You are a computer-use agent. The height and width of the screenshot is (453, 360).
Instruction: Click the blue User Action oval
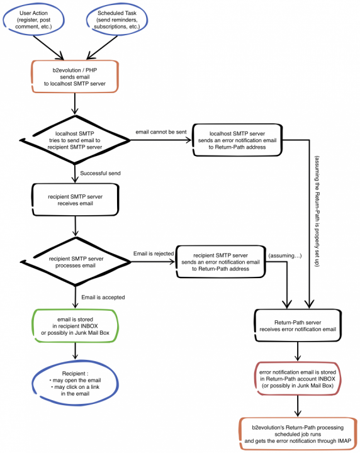pyautogui.click(x=33, y=20)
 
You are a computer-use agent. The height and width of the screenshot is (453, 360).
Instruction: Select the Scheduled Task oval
pyautogui.click(x=117, y=20)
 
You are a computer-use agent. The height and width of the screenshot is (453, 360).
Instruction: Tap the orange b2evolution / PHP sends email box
pyautogui.click(x=75, y=77)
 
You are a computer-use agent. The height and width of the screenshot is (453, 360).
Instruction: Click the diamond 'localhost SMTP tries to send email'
pyautogui.click(x=75, y=140)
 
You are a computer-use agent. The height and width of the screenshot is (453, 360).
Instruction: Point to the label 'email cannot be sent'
pyautogui.click(x=161, y=132)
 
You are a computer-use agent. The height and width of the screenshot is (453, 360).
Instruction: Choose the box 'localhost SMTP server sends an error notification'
pyautogui.click(x=237, y=140)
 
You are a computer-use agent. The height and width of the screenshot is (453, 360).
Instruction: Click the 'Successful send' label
pyautogui.click(x=100, y=174)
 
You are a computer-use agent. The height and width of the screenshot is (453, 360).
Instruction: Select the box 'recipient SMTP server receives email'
pyautogui.click(x=75, y=199)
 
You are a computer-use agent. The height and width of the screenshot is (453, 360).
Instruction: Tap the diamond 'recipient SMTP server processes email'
pyautogui.click(x=76, y=262)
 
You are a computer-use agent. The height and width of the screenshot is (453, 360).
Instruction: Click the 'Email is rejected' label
pyautogui.click(x=154, y=254)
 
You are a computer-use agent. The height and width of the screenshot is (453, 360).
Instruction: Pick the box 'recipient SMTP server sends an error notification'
pyautogui.click(x=221, y=262)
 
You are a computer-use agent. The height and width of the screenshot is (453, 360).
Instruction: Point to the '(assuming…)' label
pyautogui.click(x=285, y=255)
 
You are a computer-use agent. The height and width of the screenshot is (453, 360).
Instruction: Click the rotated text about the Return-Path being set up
pyautogui.click(x=317, y=211)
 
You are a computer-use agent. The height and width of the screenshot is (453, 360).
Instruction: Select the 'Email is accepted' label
pyautogui.click(x=103, y=297)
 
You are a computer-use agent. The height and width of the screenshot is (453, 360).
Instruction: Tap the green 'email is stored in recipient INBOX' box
pyautogui.click(x=75, y=326)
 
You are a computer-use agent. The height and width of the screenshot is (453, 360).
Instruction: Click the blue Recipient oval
pyautogui.click(x=75, y=383)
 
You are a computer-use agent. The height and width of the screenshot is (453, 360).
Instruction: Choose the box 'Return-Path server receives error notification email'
pyautogui.click(x=298, y=326)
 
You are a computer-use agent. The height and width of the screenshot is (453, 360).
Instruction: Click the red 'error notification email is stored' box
pyautogui.click(x=298, y=379)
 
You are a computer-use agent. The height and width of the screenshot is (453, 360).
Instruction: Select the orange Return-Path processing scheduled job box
pyautogui.click(x=298, y=434)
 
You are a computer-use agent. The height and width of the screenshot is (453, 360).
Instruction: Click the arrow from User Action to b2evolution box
pyautogui.click(x=49, y=48)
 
